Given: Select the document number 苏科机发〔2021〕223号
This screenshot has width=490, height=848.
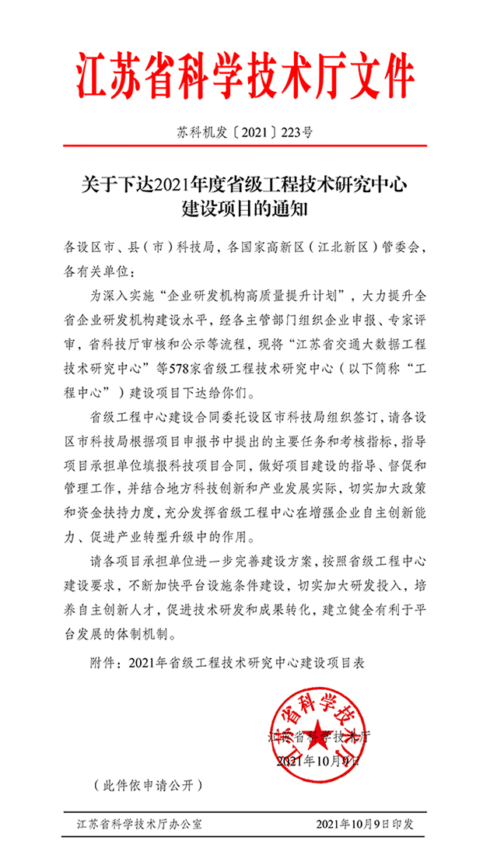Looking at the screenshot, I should click(x=244, y=133).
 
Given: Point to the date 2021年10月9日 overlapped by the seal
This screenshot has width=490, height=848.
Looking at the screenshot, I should click(x=317, y=759).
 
